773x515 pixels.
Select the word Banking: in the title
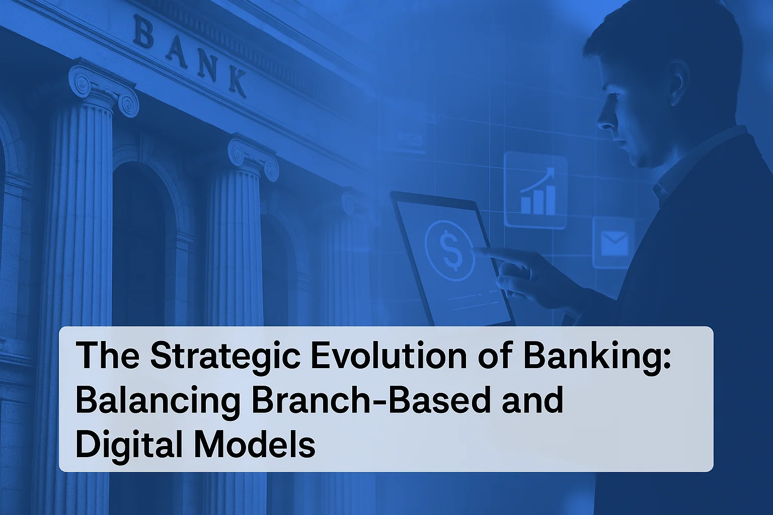point(597,357)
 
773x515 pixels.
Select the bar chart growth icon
point(538,192)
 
